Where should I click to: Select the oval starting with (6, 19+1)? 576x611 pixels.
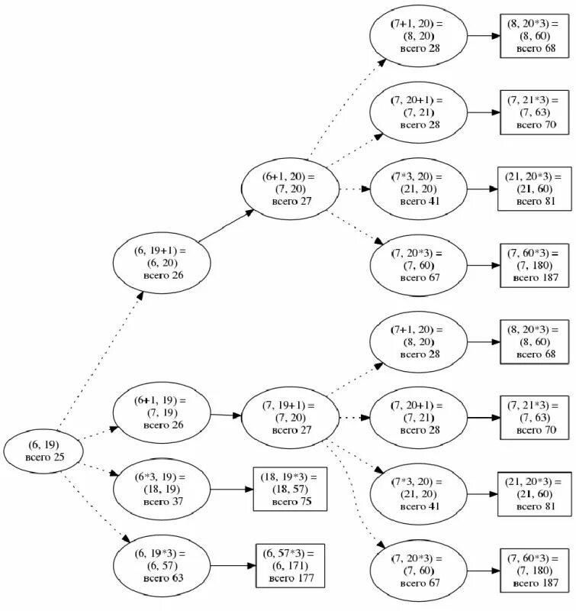pos(160,262)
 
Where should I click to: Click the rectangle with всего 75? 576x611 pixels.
pos(290,489)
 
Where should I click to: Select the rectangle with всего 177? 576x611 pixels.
pos(290,565)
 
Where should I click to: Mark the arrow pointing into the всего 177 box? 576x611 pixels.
pos(232,565)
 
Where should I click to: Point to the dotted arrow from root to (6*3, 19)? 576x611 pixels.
pos(95,469)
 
